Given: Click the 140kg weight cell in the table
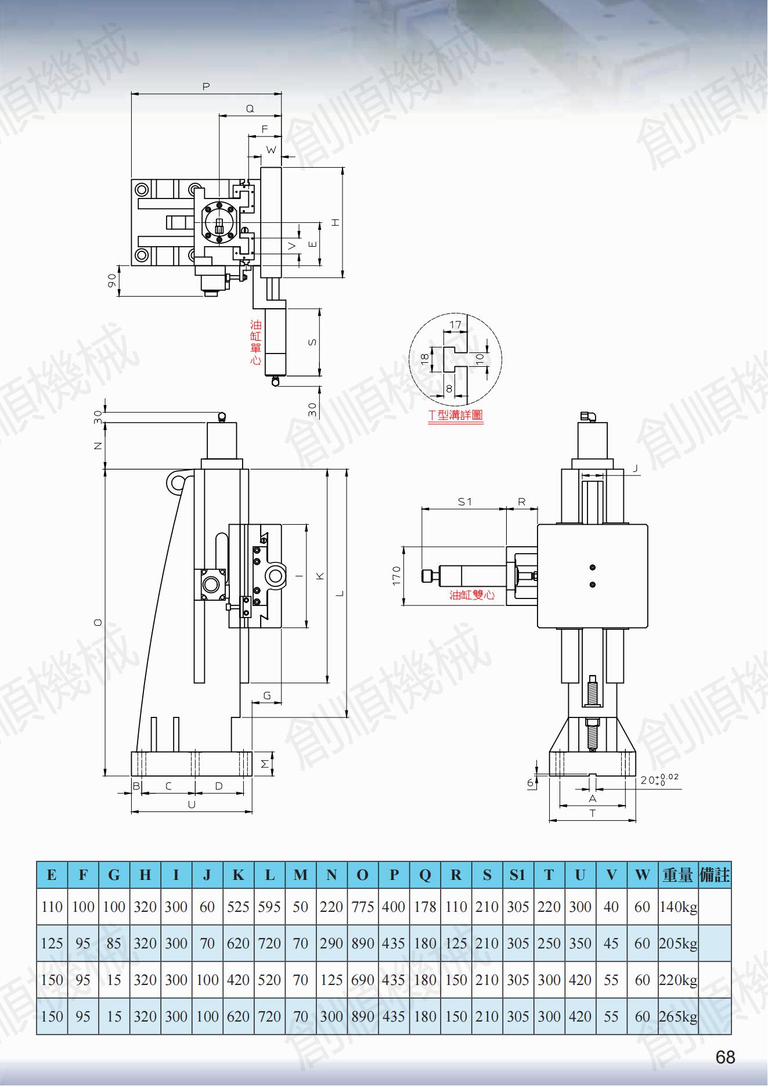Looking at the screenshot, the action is click(x=678, y=907).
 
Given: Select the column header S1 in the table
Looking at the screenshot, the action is click(x=517, y=875).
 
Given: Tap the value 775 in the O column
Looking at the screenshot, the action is click(x=362, y=907).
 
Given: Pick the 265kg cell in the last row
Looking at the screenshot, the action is click(x=678, y=1016).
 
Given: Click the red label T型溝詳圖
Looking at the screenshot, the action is click(x=456, y=414).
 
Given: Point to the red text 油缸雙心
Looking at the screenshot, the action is click(x=472, y=595).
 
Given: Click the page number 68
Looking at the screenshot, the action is click(x=726, y=1057).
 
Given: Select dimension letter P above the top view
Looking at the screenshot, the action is click(x=206, y=87).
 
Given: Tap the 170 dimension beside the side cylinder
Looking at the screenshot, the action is click(x=396, y=576).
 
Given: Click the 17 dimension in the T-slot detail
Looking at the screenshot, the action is click(x=456, y=325).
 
